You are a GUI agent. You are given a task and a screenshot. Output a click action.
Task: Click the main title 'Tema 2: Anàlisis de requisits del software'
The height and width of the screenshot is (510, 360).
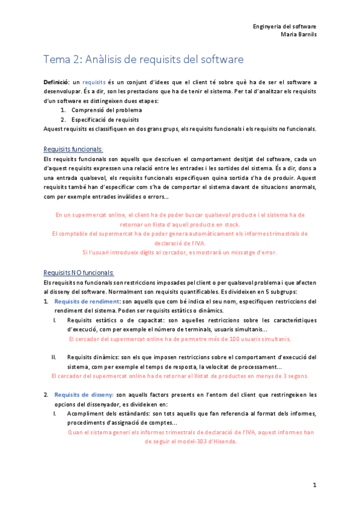[x=144, y=59]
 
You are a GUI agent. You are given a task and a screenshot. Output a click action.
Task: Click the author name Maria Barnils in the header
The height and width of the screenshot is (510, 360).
[x=299, y=34]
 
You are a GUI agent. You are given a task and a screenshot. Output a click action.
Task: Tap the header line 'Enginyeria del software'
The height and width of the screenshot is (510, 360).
[x=285, y=26]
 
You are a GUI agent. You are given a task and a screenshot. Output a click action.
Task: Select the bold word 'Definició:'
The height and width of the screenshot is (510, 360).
[x=56, y=82]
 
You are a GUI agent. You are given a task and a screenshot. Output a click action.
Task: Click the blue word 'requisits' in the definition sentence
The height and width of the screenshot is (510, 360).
[x=94, y=82]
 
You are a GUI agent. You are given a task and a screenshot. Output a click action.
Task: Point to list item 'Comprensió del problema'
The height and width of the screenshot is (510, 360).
[x=106, y=110]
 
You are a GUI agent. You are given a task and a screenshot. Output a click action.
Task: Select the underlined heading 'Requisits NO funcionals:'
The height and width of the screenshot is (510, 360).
[x=79, y=272]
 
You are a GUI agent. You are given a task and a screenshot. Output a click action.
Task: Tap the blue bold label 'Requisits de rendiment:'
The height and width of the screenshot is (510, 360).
[x=87, y=301]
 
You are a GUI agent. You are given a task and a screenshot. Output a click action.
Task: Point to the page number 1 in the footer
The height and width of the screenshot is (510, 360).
[x=314, y=484]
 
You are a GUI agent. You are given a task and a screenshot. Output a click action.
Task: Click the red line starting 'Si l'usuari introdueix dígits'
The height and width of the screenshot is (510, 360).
[x=179, y=253]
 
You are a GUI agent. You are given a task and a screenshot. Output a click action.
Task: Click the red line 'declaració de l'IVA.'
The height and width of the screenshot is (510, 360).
[x=180, y=243]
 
